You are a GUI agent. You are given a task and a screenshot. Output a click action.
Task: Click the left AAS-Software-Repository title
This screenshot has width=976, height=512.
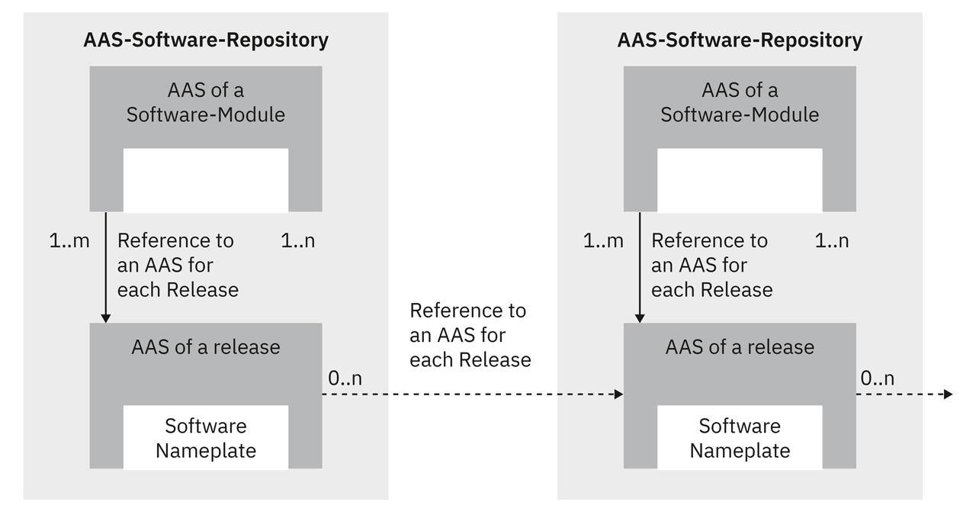coord(206,40)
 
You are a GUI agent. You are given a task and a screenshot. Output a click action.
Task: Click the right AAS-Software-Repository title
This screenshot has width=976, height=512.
coord(740,40)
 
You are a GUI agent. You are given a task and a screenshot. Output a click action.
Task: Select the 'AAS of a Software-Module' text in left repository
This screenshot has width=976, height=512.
coord(206,102)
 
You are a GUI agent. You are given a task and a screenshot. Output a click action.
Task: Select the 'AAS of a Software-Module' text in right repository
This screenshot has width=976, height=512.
coord(740,102)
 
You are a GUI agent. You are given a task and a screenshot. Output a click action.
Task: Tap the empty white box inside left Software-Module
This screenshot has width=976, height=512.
coord(206,180)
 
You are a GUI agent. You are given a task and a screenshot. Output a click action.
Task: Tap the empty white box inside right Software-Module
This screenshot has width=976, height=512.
coord(740,180)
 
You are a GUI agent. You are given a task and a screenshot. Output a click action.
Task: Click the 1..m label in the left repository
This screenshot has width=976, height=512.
coord(69,241)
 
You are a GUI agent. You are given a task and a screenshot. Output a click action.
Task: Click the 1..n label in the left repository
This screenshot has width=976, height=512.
coord(298,241)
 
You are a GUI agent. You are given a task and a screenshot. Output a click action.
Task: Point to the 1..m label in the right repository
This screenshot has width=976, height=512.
coord(603,241)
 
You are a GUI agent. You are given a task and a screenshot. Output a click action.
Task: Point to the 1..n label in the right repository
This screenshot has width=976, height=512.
coord(832,241)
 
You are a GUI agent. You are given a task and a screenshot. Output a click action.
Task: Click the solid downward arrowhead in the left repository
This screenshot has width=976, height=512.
coord(106,317)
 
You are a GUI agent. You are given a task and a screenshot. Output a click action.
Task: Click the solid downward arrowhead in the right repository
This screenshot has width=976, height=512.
coord(640,317)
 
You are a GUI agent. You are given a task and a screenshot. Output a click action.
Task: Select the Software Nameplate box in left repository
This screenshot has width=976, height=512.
coord(206,437)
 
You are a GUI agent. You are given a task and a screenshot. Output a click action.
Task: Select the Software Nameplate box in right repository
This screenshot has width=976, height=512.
coord(740,437)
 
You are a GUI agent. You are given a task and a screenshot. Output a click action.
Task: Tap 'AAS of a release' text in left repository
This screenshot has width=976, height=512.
coord(206,347)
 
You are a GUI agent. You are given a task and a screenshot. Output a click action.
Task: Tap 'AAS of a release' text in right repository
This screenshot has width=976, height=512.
coord(740,347)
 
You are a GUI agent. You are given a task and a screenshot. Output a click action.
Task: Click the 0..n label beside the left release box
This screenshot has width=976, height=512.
coord(344,378)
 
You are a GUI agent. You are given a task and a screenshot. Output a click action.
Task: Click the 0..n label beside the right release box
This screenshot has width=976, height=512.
coord(878,378)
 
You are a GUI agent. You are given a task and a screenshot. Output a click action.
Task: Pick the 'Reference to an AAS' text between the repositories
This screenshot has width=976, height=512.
coord(470,335)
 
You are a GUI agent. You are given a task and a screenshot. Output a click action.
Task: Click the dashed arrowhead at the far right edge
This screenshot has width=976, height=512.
coord(948,394)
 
